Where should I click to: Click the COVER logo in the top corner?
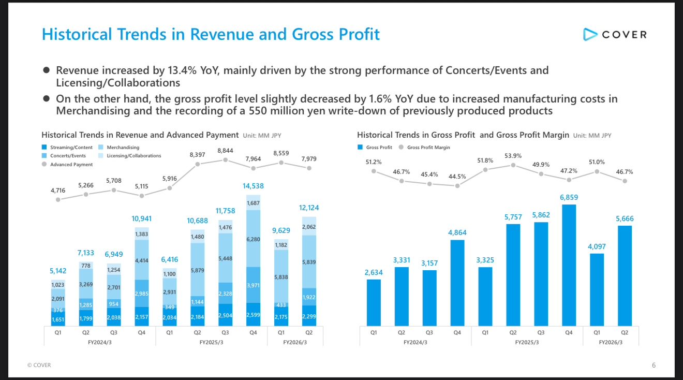point(615,35)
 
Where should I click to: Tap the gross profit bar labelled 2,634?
point(374,302)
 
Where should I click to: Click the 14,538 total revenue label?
point(253,186)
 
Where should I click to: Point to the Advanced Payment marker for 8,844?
point(226,160)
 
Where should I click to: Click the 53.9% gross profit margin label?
point(513,155)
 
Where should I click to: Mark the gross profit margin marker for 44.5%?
point(457,185)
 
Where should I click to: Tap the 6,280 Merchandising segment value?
point(253,239)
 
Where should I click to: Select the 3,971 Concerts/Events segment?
point(253,285)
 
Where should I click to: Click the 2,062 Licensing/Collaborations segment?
point(309,227)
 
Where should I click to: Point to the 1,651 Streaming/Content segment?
point(58,320)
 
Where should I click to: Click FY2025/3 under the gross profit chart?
point(527,343)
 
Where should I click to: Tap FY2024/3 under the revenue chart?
point(99,343)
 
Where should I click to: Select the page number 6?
point(654,365)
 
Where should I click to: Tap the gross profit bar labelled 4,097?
point(597,289)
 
